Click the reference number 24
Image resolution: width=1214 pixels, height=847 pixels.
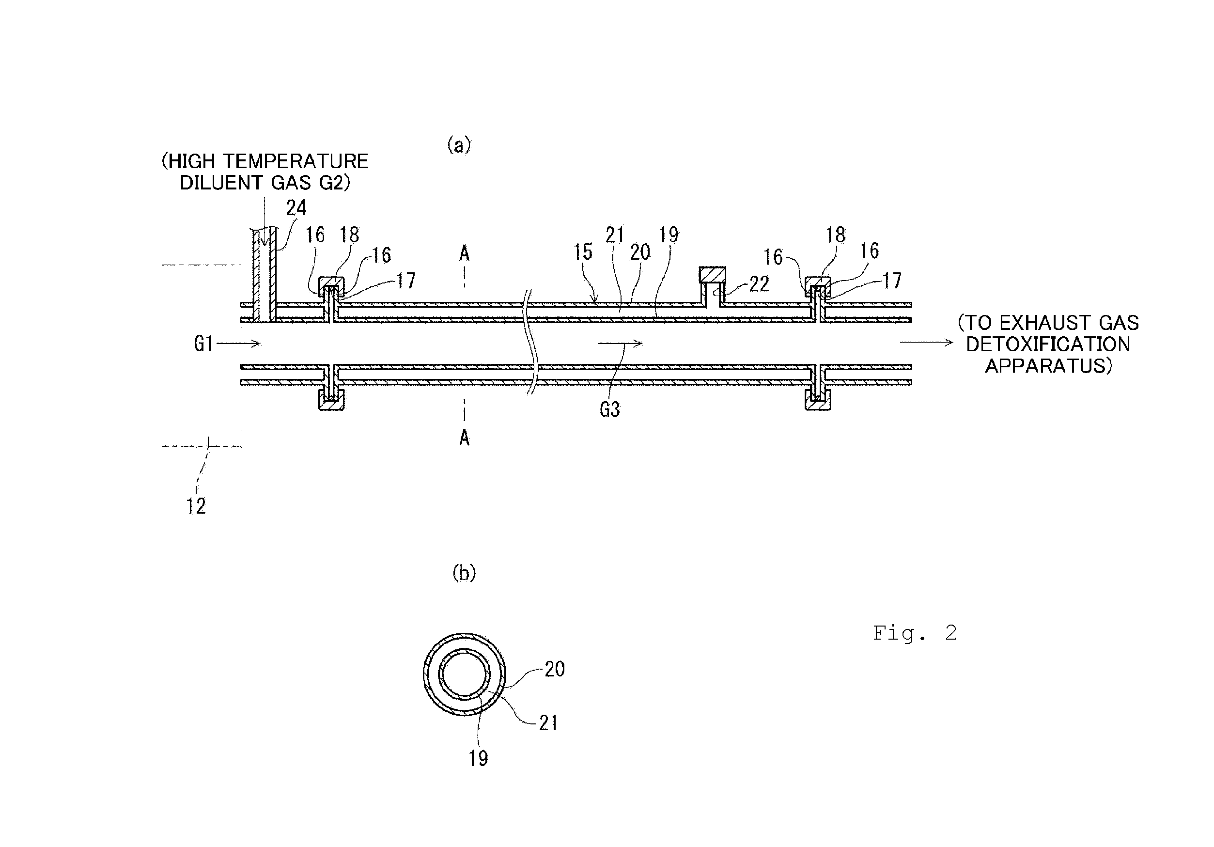click(296, 208)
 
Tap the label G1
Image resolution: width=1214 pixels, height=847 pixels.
click(203, 344)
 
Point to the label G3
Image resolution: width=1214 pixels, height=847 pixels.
click(609, 409)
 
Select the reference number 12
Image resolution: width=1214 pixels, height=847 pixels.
click(196, 506)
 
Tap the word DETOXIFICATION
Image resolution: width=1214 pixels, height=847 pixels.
click(1048, 344)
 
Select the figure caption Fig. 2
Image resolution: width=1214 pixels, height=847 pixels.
click(915, 633)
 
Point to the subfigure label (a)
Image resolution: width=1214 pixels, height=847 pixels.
click(459, 144)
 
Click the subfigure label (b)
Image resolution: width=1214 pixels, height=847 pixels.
click(464, 573)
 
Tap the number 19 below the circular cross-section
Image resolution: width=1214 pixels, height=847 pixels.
click(478, 759)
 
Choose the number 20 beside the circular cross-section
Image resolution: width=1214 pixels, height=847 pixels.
click(555, 669)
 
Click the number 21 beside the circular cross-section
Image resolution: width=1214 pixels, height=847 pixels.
click(548, 723)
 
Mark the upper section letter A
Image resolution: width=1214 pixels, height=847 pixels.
click(464, 254)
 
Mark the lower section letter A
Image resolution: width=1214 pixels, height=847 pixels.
click(464, 438)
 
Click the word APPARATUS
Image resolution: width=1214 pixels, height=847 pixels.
click(1048, 366)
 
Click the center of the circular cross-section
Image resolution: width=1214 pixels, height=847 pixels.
click(464, 674)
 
